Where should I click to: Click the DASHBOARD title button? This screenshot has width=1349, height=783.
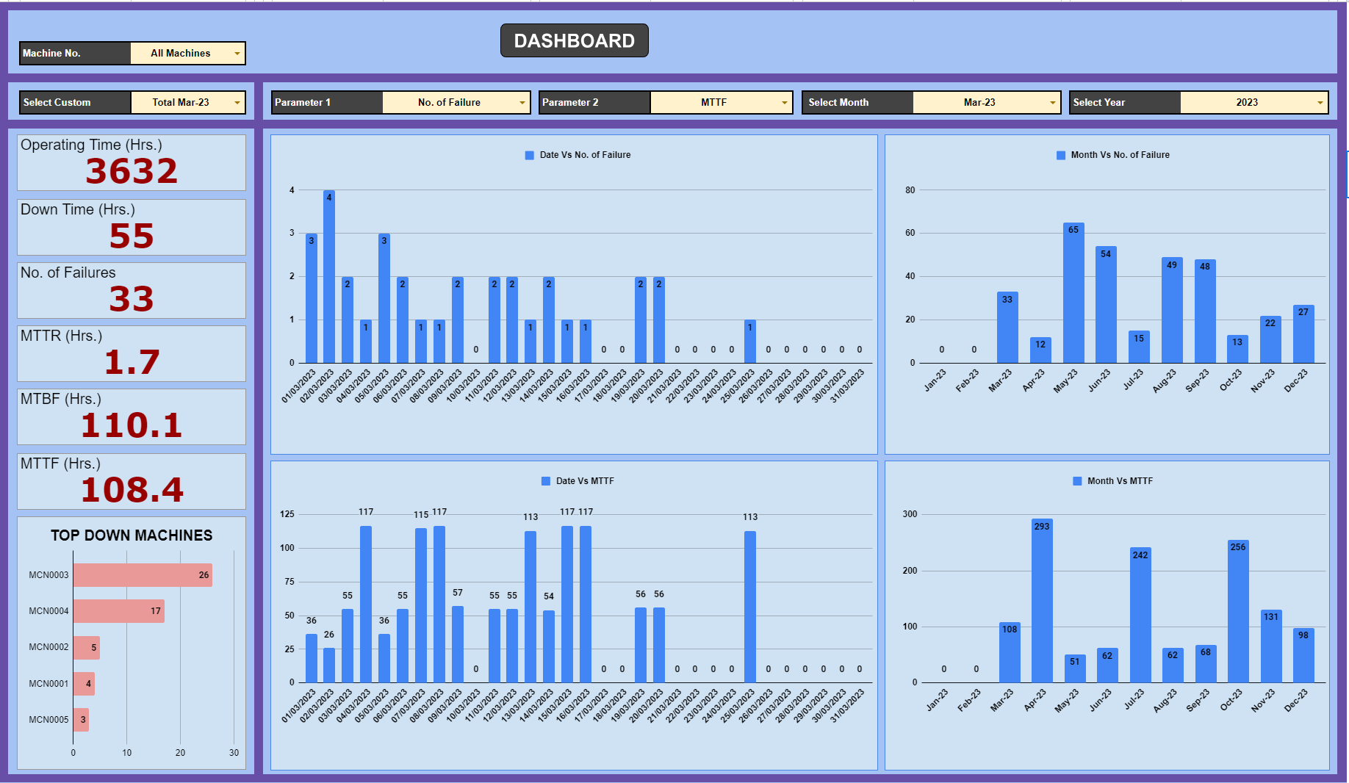pos(574,40)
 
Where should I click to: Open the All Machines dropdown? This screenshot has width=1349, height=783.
pos(187,53)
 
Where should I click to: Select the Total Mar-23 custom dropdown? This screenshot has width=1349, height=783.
pos(187,102)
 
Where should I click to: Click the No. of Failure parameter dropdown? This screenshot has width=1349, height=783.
pos(456,102)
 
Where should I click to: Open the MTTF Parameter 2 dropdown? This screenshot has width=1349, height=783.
pos(720,102)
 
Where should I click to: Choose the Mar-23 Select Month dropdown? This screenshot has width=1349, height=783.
pos(986,102)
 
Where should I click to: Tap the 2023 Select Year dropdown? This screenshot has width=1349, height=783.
pos(1253,102)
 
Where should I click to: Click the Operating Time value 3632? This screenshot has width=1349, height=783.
pos(132,171)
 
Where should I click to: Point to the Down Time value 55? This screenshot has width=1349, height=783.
pos(132,236)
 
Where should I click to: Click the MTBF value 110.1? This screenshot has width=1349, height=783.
pos(132,425)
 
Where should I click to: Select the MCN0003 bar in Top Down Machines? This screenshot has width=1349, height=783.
pos(142,575)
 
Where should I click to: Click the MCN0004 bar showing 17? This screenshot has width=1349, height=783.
pos(118,611)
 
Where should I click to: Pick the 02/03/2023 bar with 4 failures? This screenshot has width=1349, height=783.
pos(329,277)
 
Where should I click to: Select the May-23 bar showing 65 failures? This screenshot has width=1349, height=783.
pos(1073,293)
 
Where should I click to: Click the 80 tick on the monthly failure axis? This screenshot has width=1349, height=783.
pos(910,190)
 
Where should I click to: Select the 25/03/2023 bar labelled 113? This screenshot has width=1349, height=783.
pos(750,607)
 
